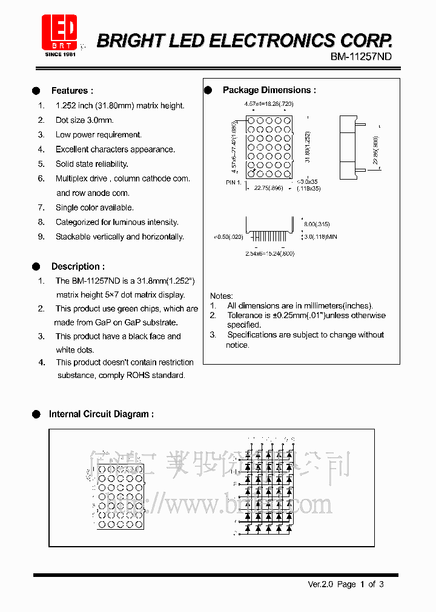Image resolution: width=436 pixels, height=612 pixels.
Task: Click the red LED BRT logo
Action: (x=59, y=32)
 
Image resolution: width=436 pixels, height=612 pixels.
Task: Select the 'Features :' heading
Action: (x=72, y=91)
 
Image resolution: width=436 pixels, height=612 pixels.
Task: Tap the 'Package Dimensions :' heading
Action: (x=269, y=90)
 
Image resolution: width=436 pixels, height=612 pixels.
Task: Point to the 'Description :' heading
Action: (x=78, y=266)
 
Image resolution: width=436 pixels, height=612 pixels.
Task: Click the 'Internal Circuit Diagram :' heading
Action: (x=101, y=414)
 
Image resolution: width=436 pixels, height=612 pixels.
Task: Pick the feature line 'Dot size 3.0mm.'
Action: (x=84, y=120)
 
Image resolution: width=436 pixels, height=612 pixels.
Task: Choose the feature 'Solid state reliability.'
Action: (x=92, y=164)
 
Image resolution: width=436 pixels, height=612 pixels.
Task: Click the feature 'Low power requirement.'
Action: (x=99, y=135)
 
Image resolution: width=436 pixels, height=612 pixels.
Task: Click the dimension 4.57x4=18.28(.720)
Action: (x=269, y=105)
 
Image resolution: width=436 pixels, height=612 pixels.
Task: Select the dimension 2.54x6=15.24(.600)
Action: (x=269, y=253)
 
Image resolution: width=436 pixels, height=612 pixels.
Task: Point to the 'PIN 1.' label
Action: (x=234, y=181)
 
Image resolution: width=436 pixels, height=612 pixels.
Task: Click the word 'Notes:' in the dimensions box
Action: (x=222, y=296)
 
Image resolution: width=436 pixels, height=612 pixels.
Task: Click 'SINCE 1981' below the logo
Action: (x=60, y=54)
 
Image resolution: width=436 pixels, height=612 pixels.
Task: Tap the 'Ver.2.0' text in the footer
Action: (x=320, y=584)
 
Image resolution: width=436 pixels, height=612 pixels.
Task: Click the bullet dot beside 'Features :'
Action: (x=36, y=91)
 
